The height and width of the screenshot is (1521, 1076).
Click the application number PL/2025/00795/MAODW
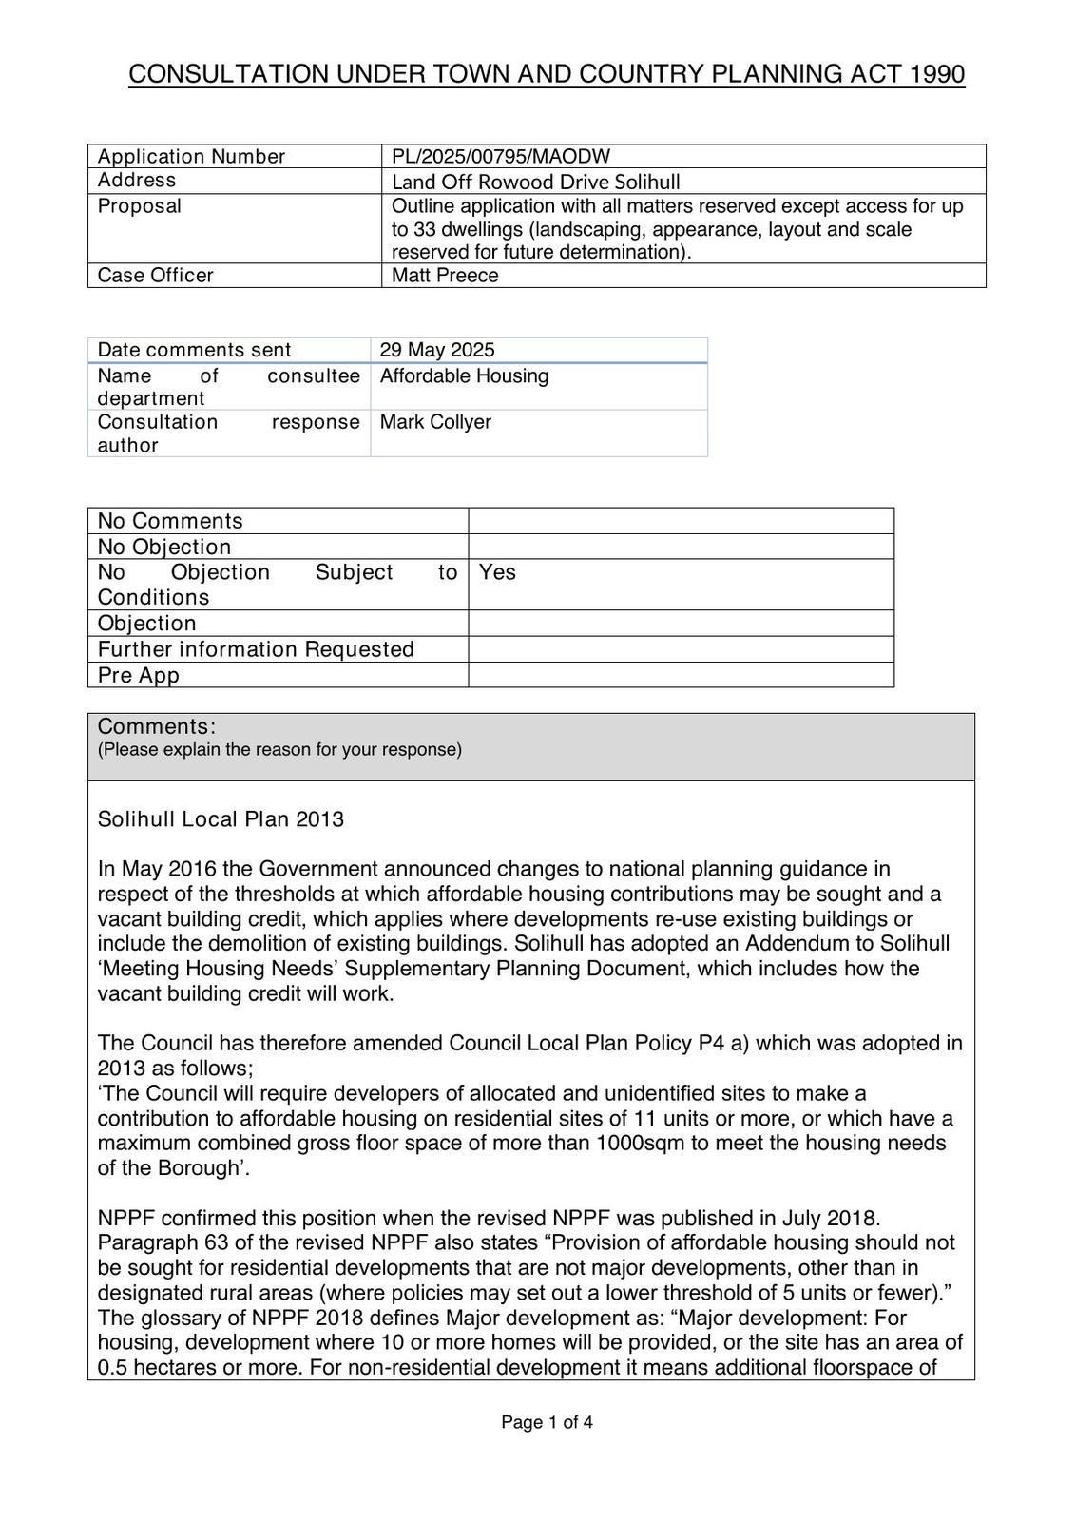(x=500, y=156)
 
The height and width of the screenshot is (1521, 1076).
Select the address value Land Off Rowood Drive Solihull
(x=535, y=182)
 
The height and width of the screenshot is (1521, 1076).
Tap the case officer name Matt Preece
(x=445, y=276)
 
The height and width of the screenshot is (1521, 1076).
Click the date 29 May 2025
(x=437, y=350)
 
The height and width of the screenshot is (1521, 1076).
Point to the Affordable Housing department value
(x=464, y=376)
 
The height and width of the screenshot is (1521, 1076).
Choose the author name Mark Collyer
(x=435, y=422)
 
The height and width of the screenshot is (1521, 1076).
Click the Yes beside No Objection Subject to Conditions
(x=497, y=572)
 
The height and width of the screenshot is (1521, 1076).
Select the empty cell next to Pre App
(x=681, y=675)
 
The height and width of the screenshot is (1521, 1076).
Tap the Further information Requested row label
(x=256, y=649)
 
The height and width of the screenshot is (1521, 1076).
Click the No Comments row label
(x=170, y=521)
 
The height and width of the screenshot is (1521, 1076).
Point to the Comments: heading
(x=157, y=727)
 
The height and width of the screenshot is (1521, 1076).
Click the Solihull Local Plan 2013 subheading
(x=221, y=819)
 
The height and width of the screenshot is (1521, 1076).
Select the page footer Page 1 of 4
(x=548, y=1423)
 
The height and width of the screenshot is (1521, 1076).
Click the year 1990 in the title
(x=937, y=74)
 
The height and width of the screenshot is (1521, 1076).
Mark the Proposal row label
(x=140, y=206)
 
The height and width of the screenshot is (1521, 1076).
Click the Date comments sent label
(x=194, y=350)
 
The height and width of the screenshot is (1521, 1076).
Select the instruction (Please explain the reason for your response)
(x=279, y=750)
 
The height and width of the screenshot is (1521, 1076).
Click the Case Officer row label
(x=155, y=276)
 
